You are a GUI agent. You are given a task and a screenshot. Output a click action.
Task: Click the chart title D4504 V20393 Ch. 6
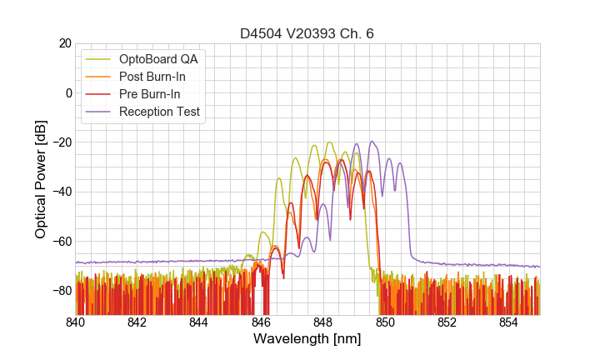point(307,34)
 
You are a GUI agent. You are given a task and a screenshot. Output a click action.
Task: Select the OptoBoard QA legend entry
point(159,59)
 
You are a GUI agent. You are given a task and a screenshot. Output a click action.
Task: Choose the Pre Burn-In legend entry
point(149,94)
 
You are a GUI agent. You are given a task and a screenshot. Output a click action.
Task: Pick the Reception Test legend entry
point(159,112)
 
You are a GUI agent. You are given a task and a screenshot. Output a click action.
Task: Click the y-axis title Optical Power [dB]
point(41,179)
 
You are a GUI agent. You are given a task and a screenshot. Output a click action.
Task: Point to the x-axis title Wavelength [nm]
point(307,339)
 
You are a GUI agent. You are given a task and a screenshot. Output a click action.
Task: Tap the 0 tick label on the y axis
point(67,92)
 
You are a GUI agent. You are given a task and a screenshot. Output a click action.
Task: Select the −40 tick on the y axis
point(60,192)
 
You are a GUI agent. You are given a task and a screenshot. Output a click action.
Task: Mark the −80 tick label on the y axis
point(60,291)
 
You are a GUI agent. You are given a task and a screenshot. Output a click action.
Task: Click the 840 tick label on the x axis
point(76,322)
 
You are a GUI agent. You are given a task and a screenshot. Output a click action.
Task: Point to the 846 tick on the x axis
point(261,322)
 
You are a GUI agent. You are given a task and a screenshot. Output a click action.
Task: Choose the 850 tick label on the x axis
point(385,322)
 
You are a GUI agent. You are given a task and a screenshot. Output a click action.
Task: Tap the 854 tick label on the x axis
point(508,322)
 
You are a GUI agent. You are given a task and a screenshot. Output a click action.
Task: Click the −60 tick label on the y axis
point(60,242)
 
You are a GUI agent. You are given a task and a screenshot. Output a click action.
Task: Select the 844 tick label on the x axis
point(199,322)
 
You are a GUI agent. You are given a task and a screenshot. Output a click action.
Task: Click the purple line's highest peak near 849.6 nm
point(372,142)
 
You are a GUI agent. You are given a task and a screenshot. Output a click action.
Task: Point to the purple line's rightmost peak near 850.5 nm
point(401,163)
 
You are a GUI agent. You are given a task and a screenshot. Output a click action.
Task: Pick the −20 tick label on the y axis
point(60,142)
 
